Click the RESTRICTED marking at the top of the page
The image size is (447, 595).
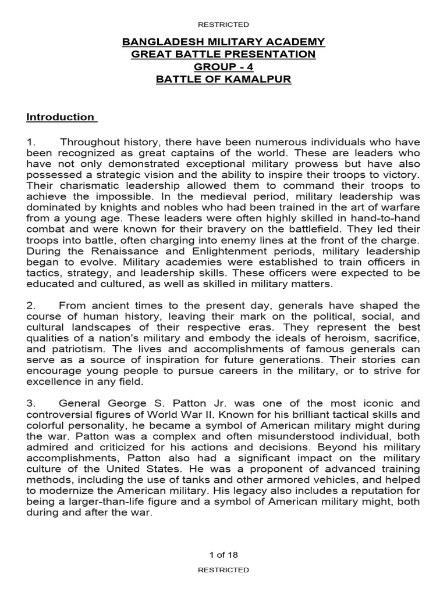click(x=223, y=24)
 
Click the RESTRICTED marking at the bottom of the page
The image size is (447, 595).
click(x=223, y=571)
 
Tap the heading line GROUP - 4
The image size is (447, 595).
click(x=223, y=67)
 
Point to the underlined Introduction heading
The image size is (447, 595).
click(x=61, y=117)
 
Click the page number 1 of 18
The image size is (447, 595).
click(x=223, y=554)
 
